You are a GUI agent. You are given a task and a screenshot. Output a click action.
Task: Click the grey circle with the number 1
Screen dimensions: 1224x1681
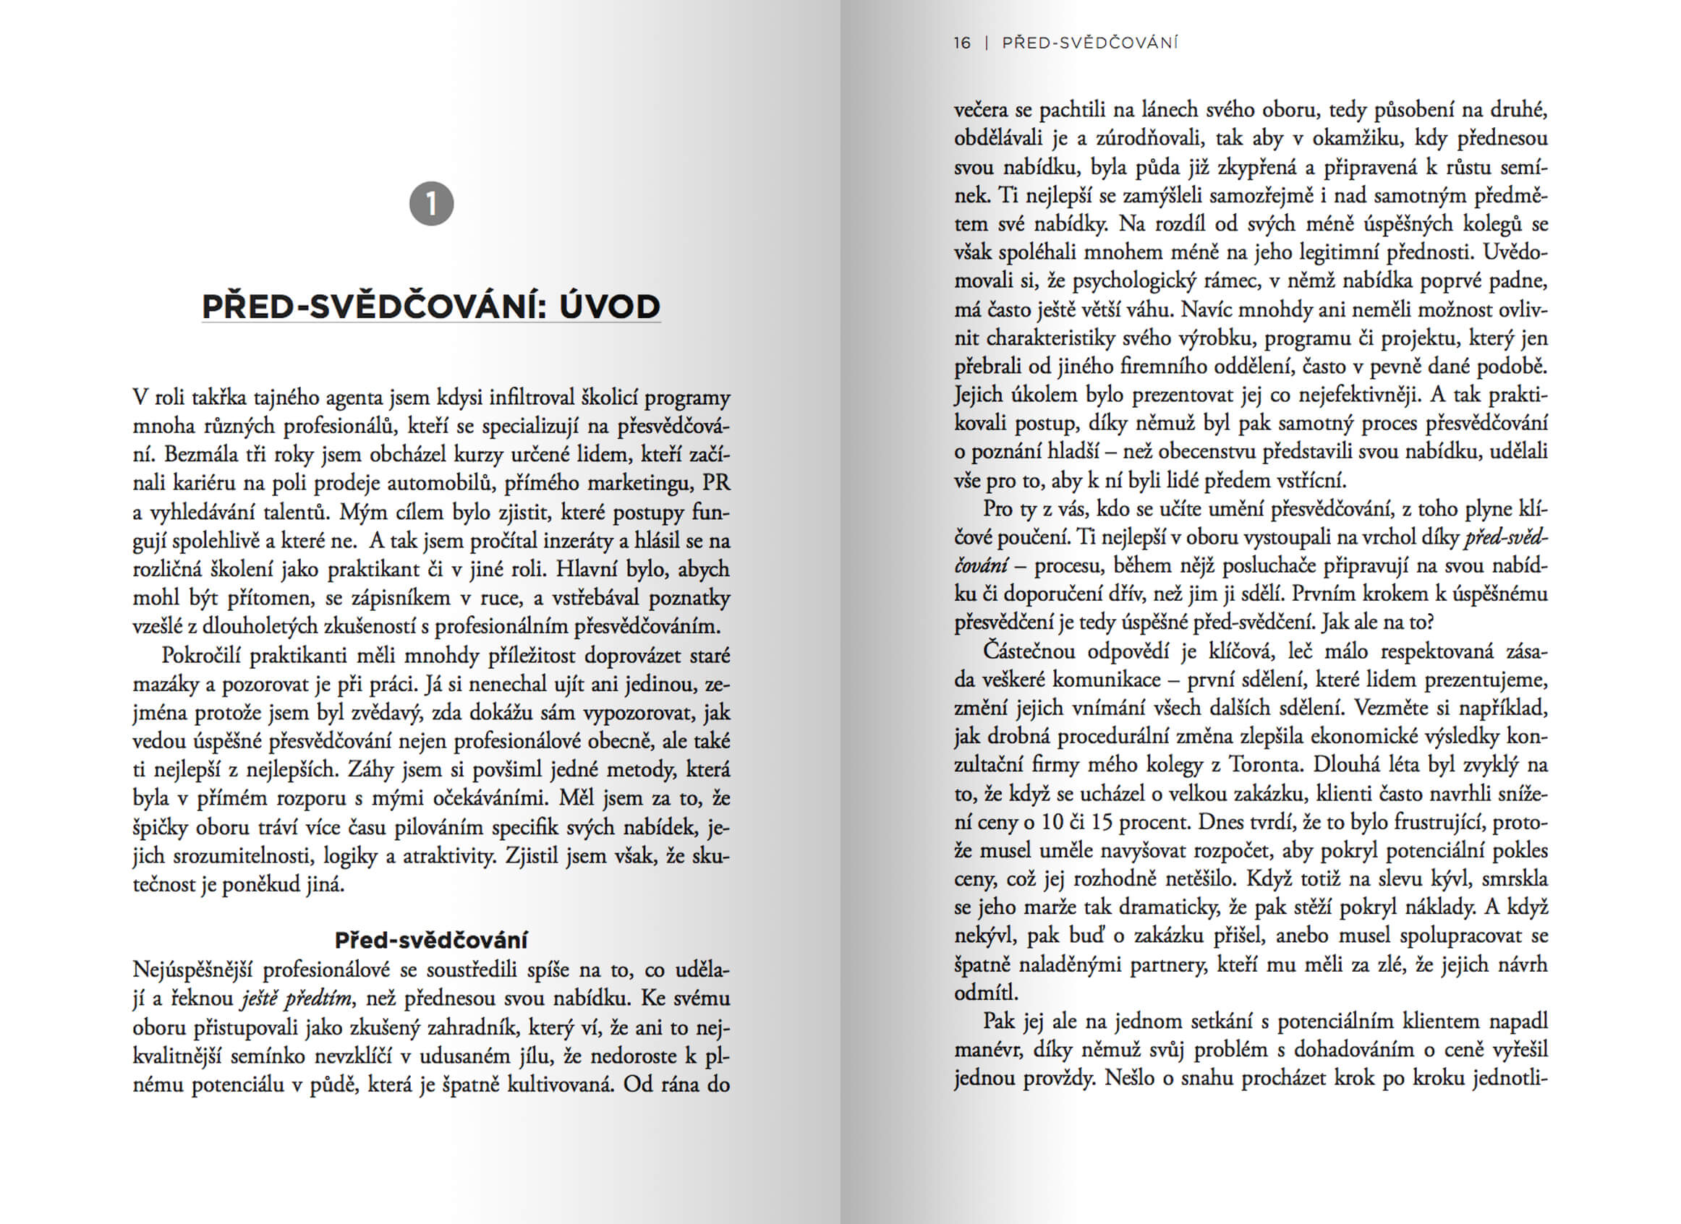tap(431, 204)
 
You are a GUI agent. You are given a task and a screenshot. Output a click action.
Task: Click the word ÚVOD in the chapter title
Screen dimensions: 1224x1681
tap(609, 307)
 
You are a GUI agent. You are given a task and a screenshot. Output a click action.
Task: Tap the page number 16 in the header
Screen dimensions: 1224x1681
tap(962, 43)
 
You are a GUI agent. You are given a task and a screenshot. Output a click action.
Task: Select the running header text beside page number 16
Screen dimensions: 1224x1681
tap(1089, 43)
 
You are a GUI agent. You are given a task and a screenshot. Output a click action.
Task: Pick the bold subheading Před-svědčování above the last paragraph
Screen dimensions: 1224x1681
tap(431, 940)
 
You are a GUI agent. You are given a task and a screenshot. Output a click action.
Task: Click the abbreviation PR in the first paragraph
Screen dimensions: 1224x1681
tap(716, 483)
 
